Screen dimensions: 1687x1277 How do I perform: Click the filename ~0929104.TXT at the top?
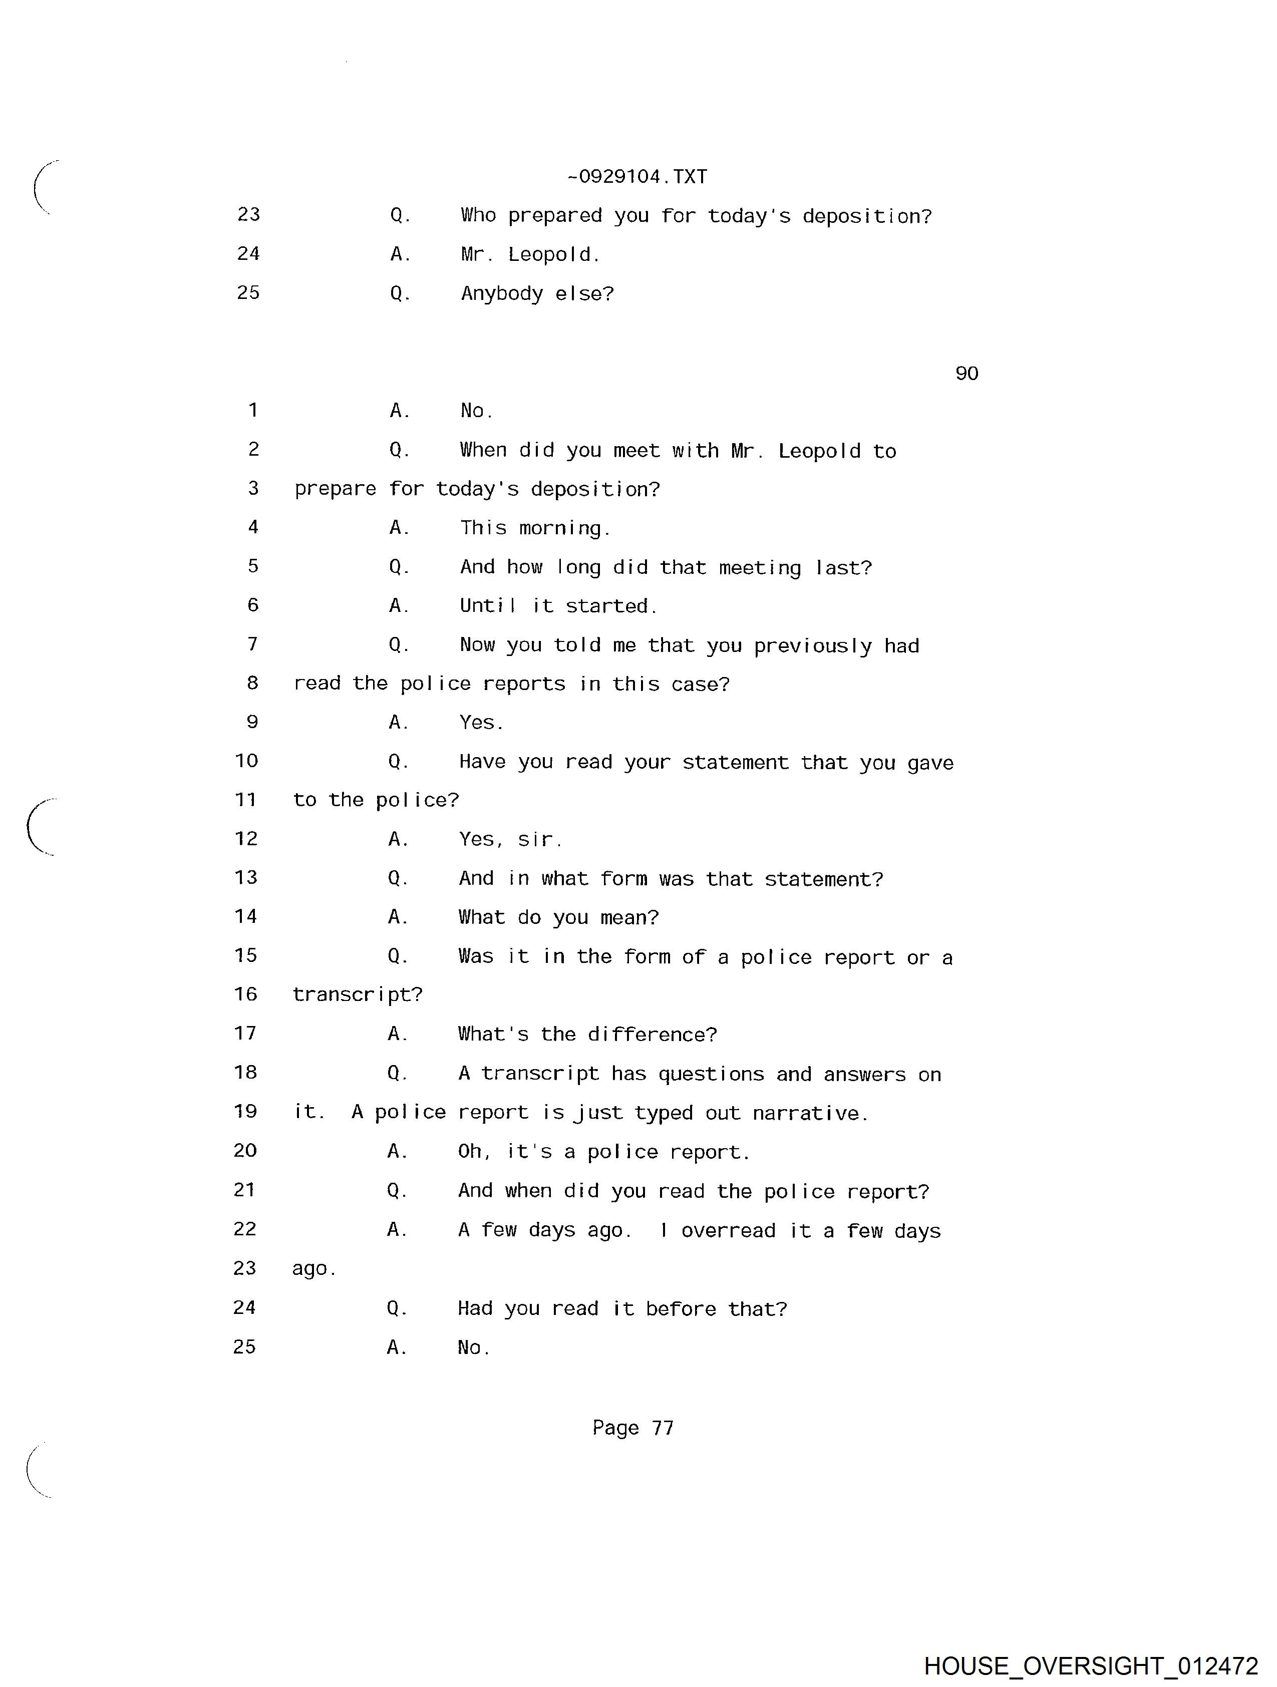coord(637,177)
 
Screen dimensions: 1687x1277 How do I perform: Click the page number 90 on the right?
coord(967,373)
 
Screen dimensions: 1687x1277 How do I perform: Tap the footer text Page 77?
coord(633,1428)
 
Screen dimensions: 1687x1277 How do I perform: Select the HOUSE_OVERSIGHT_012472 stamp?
coord(1091,1665)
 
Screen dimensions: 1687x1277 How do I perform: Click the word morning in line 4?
coord(564,528)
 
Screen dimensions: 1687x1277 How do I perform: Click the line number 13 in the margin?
coord(246,878)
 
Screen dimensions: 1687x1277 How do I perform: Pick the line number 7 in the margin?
coord(252,644)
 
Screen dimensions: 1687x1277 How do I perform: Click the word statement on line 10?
coord(735,763)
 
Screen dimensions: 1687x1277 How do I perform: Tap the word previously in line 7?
coord(812,646)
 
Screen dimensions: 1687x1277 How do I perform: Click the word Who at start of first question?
coord(478,216)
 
